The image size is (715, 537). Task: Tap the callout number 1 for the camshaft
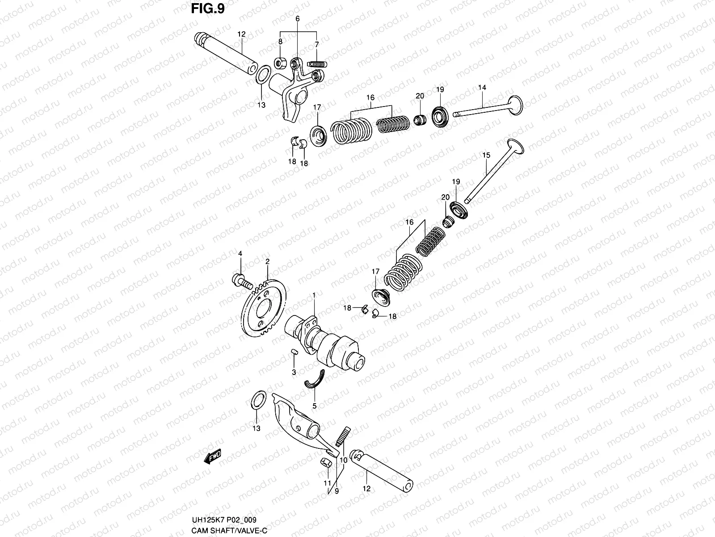(314, 295)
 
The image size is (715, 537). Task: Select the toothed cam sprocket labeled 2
(263, 309)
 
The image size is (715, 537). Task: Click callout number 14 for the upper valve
(482, 88)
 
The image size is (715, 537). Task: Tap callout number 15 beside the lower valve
(486, 155)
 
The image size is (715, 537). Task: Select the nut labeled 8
(280, 63)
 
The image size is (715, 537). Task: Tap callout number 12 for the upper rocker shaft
(242, 34)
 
